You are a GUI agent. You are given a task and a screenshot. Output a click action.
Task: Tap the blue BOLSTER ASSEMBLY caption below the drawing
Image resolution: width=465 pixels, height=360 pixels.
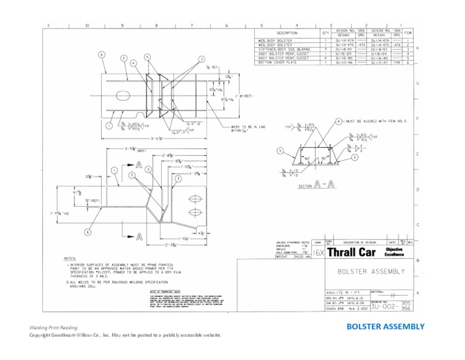click(385, 327)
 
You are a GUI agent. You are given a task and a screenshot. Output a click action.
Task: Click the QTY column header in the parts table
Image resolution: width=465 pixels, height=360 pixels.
click(325, 32)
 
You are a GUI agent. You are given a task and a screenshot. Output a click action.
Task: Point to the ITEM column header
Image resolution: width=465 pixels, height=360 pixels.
click(407, 32)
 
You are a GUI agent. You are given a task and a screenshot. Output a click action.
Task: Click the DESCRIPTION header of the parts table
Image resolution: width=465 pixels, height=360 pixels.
click(286, 33)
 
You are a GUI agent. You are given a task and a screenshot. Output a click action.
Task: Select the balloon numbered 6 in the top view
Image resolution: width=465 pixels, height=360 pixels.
click(101, 54)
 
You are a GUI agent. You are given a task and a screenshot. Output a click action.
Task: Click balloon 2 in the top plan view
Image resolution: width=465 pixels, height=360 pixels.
click(124, 58)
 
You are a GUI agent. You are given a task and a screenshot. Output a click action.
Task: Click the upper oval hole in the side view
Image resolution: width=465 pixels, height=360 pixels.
click(196, 199)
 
